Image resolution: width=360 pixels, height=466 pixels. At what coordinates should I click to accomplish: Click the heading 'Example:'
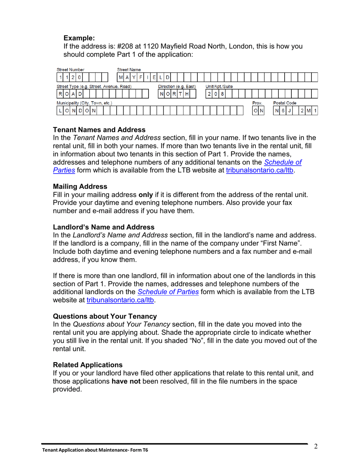click(79, 38)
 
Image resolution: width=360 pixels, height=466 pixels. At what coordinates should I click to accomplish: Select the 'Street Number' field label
click(70, 70)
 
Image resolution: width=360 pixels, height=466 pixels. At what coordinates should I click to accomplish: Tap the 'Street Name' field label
click(129, 70)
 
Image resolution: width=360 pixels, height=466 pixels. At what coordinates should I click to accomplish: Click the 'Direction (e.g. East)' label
click(177, 87)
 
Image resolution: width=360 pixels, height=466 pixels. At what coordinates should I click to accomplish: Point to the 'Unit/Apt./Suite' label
click(219, 87)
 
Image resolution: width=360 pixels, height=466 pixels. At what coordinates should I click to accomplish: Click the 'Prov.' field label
click(257, 103)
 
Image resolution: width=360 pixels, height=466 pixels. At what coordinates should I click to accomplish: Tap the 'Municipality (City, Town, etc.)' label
click(84, 103)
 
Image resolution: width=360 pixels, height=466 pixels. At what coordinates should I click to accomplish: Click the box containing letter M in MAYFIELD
click(121, 78)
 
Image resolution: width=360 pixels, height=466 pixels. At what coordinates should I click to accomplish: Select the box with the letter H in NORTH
click(187, 94)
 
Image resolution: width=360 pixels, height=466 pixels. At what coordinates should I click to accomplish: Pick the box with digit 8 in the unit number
click(222, 94)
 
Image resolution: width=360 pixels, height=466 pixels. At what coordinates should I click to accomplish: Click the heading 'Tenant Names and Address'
click(99, 130)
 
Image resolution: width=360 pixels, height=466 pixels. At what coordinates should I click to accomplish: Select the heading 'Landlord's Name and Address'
click(103, 227)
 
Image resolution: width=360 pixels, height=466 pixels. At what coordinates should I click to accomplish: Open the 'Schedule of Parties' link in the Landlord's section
click(168, 292)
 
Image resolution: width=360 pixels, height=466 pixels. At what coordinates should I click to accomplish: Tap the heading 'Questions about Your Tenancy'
click(105, 316)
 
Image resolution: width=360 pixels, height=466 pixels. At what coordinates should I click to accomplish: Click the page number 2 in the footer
click(315, 446)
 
